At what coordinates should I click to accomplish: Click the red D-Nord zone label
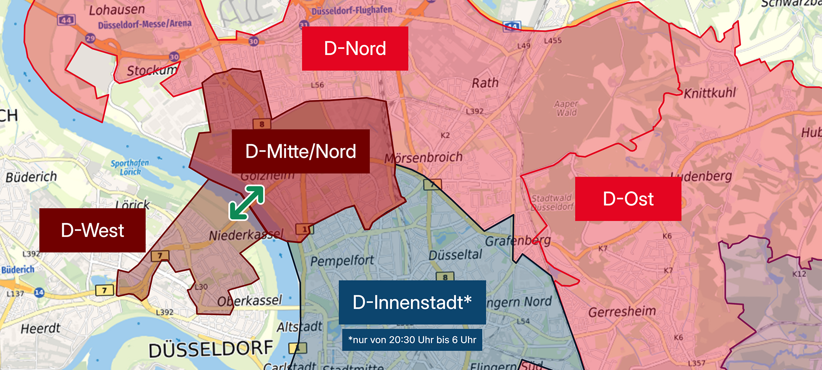click(355, 49)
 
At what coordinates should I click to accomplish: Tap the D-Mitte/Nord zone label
click(300, 151)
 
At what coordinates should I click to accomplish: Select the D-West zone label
click(92, 230)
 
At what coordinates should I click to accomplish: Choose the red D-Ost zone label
click(628, 199)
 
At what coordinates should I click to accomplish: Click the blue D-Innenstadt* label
click(412, 302)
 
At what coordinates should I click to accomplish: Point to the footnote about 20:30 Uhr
click(412, 340)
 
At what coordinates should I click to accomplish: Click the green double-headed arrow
click(247, 203)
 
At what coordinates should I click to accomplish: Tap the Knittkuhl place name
click(709, 93)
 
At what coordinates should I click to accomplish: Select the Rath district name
click(485, 83)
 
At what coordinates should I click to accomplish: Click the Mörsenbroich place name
click(423, 157)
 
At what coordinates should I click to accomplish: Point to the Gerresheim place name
click(622, 311)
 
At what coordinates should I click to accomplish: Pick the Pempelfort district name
click(342, 261)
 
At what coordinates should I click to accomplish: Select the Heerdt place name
click(40, 329)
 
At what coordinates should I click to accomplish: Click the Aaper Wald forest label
click(566, 108)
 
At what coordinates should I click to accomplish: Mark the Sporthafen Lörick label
click(130, 167)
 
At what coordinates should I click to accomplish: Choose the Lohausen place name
click(117, 10)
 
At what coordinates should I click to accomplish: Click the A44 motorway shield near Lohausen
click(66, 20)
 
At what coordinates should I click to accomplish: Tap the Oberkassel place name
click(249, 301)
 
